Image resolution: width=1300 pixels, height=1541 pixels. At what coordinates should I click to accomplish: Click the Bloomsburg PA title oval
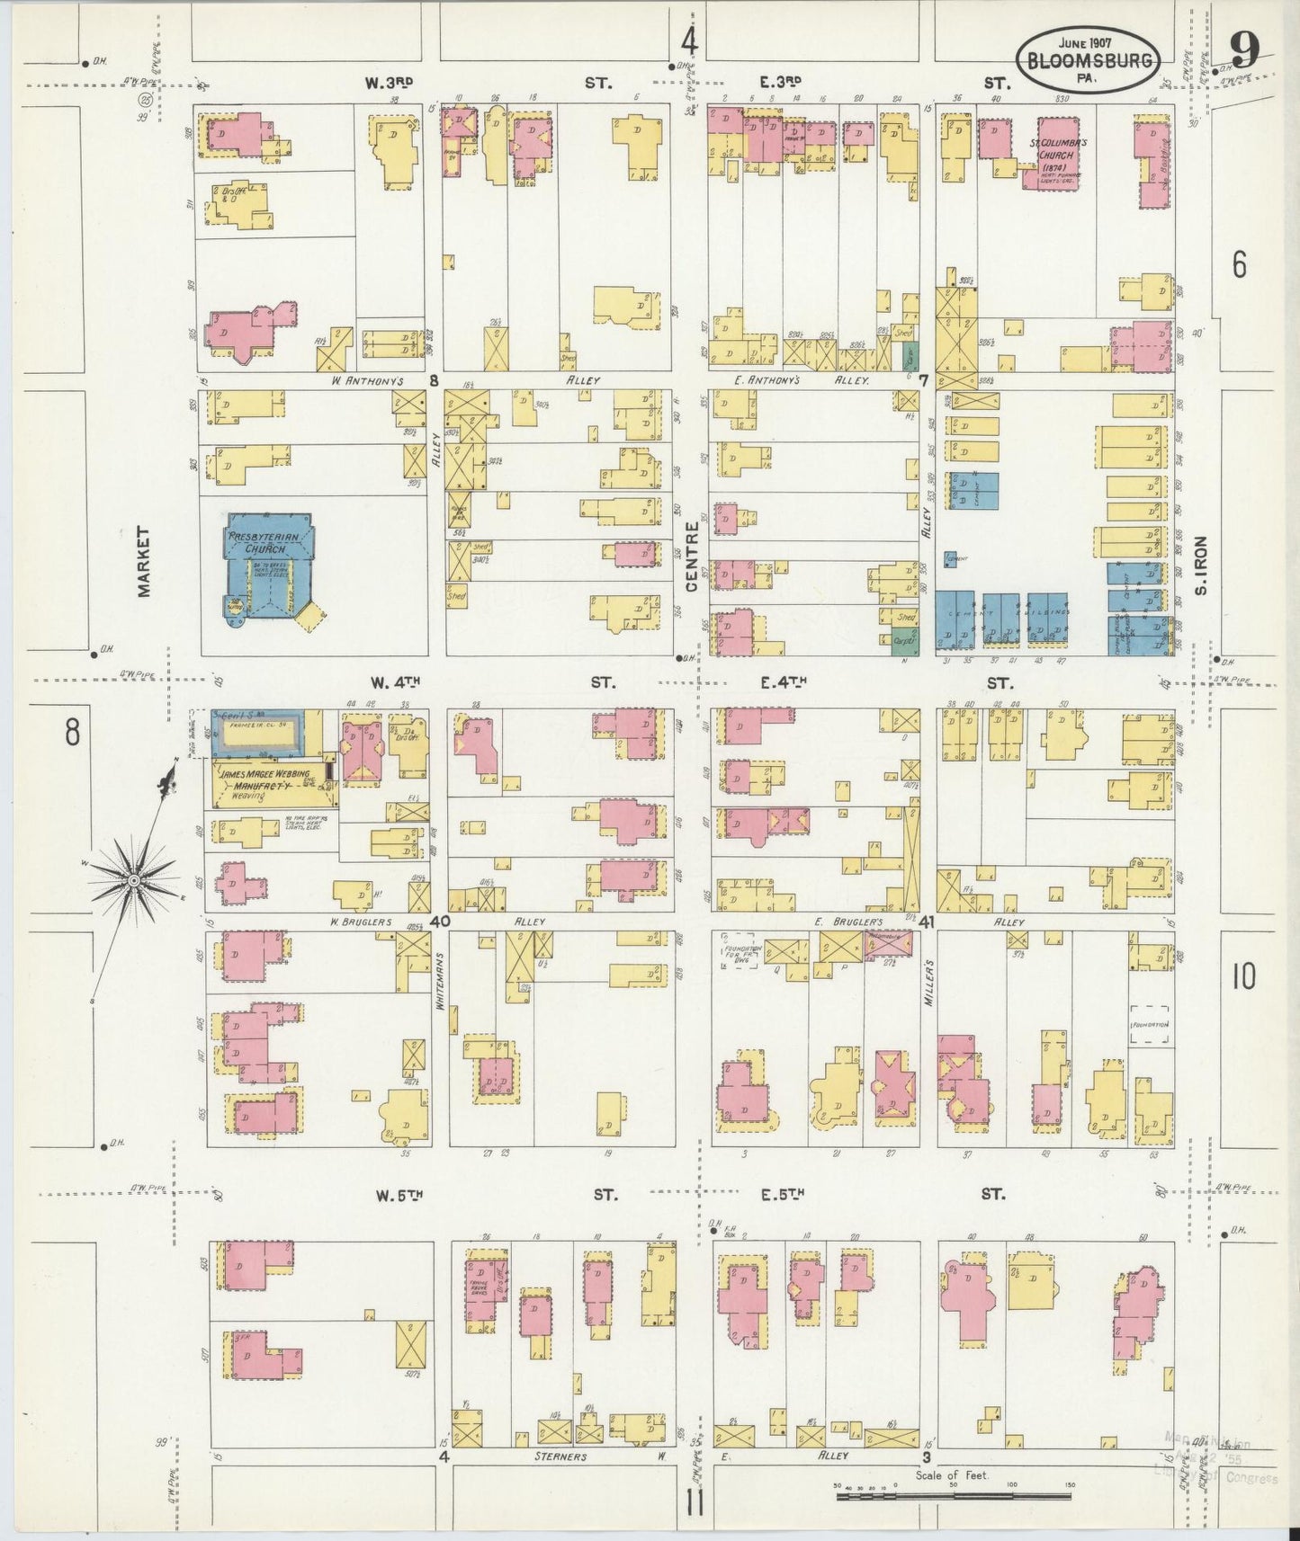coord(1088,58)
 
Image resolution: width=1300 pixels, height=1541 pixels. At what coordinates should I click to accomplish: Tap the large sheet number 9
coord(1244,49)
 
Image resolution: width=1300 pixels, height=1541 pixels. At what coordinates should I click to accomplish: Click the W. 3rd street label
coord(389,83)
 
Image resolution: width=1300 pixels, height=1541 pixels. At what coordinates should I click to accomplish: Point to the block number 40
coord(440,922)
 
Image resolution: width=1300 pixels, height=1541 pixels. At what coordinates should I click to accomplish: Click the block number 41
coord(928,922)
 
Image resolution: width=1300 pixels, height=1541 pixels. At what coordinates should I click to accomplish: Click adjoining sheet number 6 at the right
coord(1240,266)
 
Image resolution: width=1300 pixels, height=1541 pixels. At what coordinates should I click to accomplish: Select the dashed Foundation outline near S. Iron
coord(1151,1025)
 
